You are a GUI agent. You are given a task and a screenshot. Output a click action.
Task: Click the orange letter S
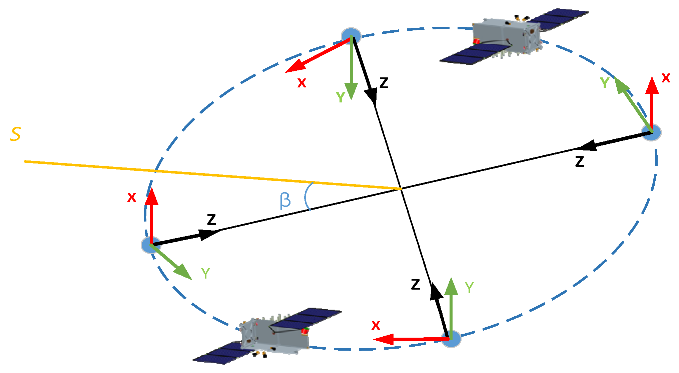(x=15, y=134)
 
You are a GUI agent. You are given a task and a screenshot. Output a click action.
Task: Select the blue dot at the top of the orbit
(x=351, y=36)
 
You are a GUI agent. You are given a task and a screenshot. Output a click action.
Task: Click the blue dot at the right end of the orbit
(x=651, y=132)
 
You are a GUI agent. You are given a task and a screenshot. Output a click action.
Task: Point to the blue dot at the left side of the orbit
(x=151, y=245)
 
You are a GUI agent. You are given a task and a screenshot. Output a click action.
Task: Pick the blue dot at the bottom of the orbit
(x=451, y=339)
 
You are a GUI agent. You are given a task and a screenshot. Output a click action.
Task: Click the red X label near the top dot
(x=301, y=83)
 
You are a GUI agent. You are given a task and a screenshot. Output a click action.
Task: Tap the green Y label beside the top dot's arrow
(x=341, y=97)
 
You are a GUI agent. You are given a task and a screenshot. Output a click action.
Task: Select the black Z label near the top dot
(x=384, y=82)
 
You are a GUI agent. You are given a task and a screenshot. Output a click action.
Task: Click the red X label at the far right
(x=666, y=78)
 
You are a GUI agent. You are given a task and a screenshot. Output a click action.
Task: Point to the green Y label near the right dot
(x=605, y=83)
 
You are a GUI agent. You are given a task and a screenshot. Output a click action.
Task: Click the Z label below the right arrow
(x=580, y=161)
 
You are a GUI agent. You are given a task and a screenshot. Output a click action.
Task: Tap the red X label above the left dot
(x=132, y=198)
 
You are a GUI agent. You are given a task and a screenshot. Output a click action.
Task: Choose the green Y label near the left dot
(x=205, y=274)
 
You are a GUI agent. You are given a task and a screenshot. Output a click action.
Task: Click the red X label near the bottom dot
(x=376, y=326)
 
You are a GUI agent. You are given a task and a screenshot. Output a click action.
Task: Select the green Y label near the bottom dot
(x=469, y=288)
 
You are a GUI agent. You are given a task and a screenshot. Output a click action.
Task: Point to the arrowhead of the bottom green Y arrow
(x=451, y=286)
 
